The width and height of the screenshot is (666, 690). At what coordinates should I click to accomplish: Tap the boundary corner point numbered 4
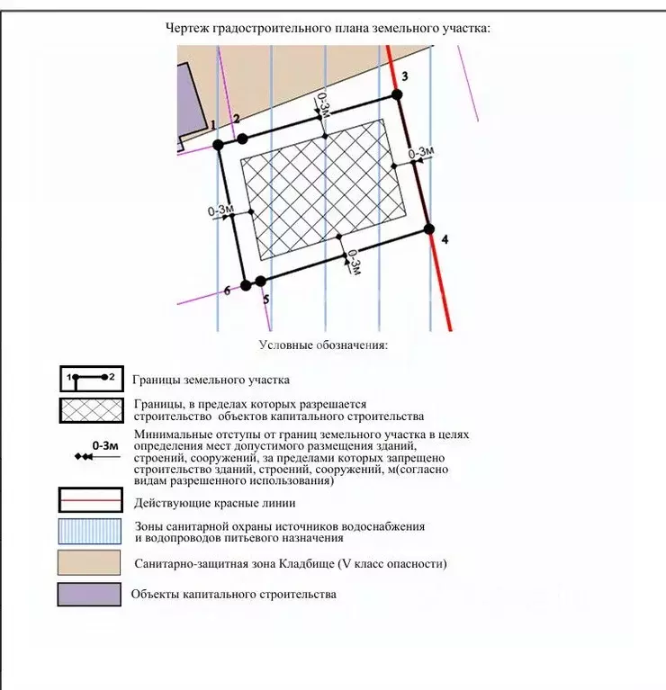click(x=429, y=229)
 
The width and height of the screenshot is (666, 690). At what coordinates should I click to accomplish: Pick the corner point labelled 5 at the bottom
click(x=261, y=281)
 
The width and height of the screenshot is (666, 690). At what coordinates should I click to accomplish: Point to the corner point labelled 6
click(x=246, y=285)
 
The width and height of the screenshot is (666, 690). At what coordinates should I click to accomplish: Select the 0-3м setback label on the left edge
click(x=220, y=211)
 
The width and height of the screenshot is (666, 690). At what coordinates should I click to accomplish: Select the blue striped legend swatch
click(x=90, y=532)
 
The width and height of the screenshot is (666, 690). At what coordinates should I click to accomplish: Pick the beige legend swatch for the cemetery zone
click(x=90, y=563)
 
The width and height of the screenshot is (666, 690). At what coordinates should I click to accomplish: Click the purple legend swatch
click(x=90, y=595)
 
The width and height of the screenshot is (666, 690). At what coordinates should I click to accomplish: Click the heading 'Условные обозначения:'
click(x=323, y=345)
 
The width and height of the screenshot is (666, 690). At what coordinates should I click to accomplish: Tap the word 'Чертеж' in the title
click(x=186, y=28)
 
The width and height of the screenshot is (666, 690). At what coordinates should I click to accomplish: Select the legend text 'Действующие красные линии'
click(x=213, y=502)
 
